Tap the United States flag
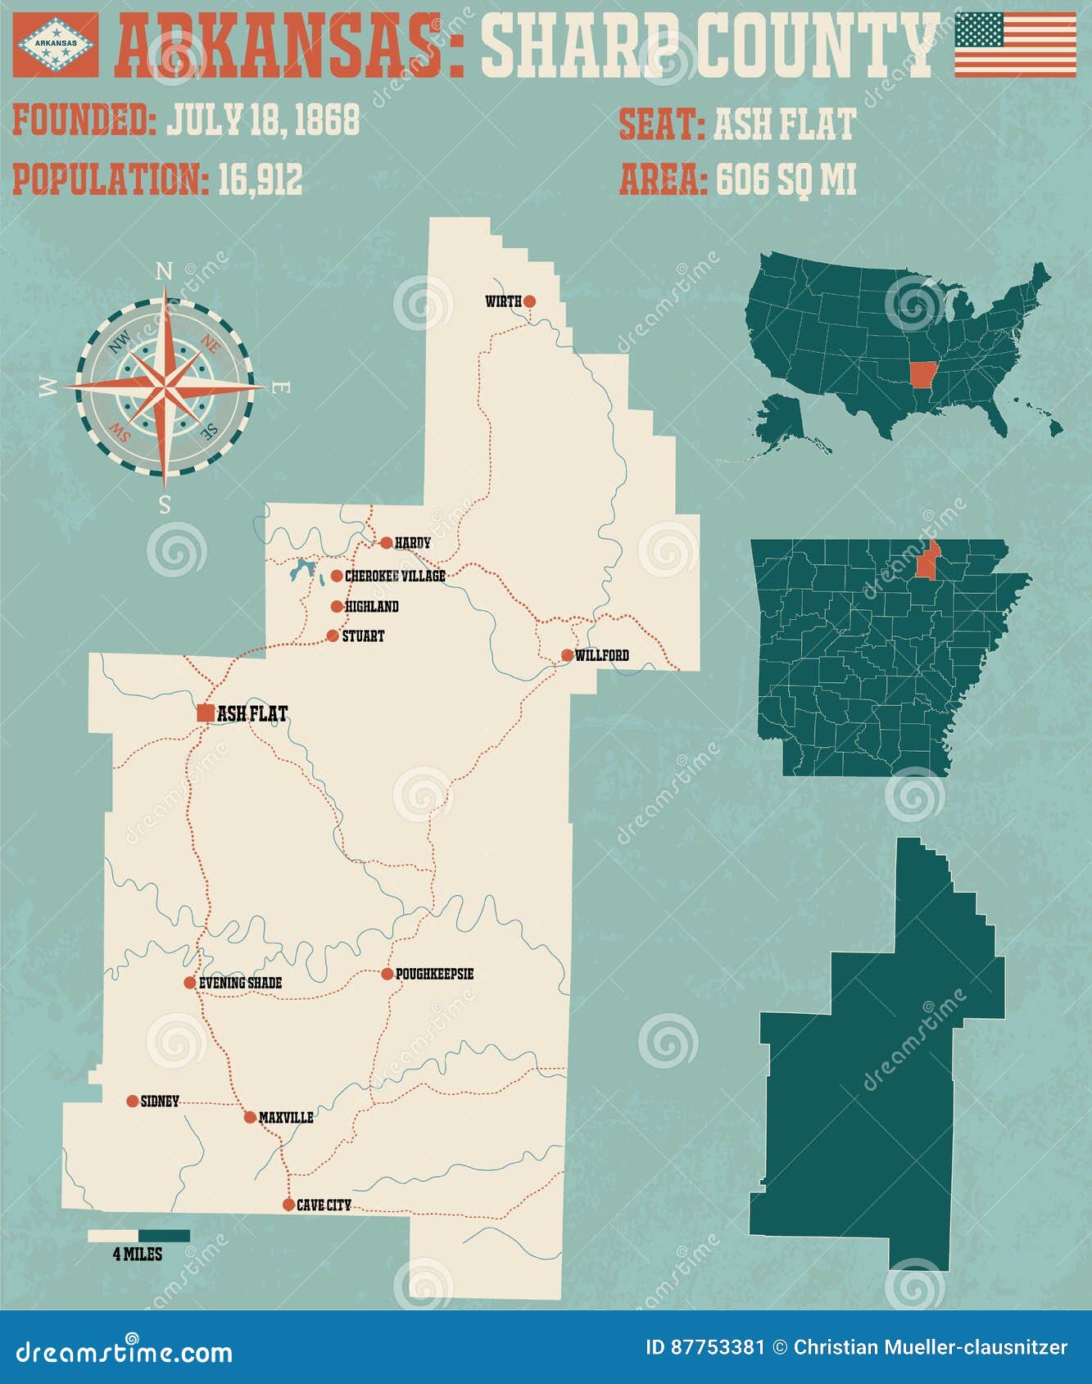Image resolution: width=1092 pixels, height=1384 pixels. (1015, 45)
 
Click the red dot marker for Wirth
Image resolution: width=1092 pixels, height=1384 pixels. (529, 301)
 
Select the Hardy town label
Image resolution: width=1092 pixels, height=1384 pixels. (412, 543)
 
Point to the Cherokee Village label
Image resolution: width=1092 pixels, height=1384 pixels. (395, 577)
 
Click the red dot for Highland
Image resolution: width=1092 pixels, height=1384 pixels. (337, 607)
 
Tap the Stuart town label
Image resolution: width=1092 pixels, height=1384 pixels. (363, 636)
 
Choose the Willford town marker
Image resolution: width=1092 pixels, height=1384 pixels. (568, 655)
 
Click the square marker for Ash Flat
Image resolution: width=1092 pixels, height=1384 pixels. (206, 713)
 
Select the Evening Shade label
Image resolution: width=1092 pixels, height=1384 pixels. (240, 983)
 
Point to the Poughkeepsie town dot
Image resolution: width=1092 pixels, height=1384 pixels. (387, 974)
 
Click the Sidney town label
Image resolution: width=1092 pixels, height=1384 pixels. (160, 1101)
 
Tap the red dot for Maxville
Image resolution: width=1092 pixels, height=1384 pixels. (250, 1117)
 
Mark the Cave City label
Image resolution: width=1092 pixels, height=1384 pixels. (324, 1205)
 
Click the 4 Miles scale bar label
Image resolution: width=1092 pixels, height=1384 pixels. (138, 1254)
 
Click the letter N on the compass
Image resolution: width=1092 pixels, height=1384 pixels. (165, 270)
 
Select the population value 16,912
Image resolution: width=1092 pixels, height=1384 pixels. (260, 179)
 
